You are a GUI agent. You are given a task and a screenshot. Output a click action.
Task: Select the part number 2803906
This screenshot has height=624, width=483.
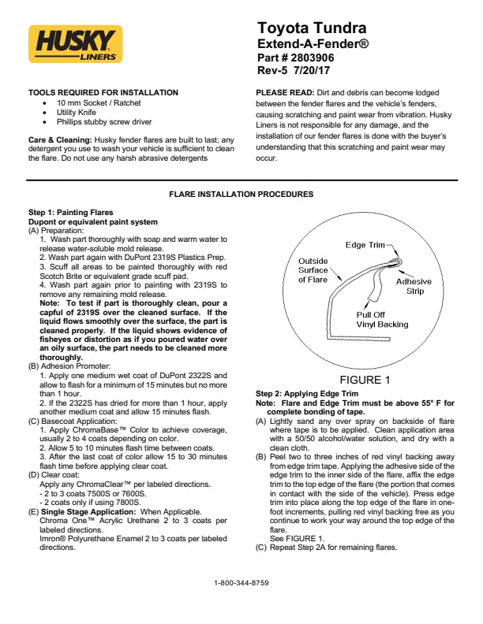pos(304,58)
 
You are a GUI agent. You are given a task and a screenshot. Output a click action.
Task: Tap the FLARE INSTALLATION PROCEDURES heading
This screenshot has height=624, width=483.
pos(241,195)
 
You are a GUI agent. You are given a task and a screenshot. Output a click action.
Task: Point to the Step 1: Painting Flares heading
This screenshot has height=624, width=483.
pos(70,213)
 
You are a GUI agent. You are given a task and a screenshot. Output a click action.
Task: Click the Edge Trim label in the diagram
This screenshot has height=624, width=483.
pos(365,245)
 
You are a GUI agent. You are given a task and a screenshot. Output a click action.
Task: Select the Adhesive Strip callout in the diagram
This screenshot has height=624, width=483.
pos(414,286)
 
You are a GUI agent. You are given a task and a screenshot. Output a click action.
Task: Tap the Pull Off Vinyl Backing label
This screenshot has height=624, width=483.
pos(360,319)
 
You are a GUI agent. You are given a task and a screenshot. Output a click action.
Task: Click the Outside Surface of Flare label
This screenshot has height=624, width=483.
pos(313,270)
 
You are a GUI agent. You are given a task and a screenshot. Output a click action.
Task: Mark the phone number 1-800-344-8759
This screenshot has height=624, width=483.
pos(241,583)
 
